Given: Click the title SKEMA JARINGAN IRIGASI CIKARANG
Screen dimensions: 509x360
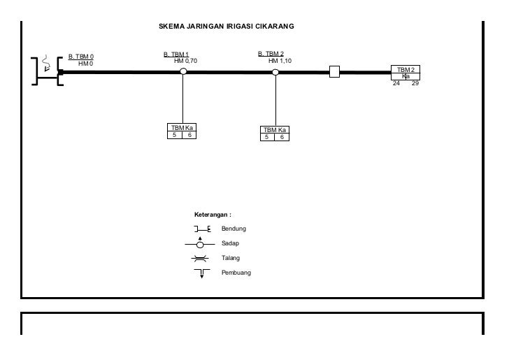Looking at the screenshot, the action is coord(227,27).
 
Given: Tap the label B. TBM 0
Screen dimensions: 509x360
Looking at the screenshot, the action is coord(81,56).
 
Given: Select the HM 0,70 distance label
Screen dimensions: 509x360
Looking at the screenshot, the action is coord(186,61).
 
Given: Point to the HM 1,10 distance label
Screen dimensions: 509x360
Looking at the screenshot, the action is coord(280,61).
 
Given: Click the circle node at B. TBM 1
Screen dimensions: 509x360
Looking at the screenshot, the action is coord(183,71).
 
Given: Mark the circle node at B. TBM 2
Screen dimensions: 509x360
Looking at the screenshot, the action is coord(275,71).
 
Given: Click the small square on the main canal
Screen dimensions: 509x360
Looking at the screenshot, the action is coord(334,71).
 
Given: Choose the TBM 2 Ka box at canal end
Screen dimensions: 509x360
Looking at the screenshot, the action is coord(406,73).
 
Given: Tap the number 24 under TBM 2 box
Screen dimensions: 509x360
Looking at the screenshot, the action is coord(396,83).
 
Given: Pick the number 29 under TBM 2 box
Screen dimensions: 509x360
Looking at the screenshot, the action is coord(415,83).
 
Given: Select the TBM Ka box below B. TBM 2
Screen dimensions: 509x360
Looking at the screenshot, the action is coord(274,134).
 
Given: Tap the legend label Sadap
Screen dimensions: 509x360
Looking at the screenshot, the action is coord(230,243).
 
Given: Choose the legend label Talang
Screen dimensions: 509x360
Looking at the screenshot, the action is coord(231,258).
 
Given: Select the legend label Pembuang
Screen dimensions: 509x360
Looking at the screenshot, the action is coord(236,273).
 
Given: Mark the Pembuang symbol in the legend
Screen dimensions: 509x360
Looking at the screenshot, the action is coord(201,273).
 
